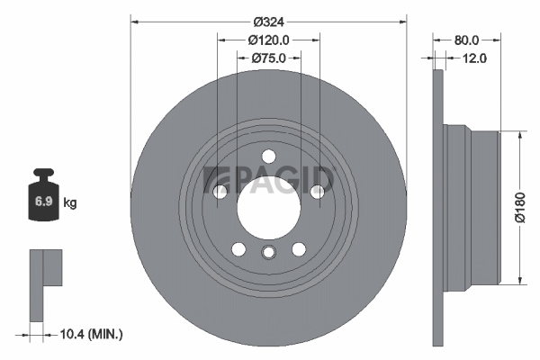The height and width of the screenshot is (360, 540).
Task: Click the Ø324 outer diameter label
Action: [x=268, y=22]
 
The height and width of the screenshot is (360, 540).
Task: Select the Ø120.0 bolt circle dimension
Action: [x=268, y=40]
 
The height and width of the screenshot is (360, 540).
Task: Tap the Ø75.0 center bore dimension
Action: [x=268, y=58]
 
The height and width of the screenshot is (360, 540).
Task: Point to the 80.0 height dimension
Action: [x=466, y=40]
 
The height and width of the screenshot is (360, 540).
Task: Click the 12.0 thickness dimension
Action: [x=474, y=58]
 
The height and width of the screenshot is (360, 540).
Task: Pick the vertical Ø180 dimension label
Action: [x=520, y=208]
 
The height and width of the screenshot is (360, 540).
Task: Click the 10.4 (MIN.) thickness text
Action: [x=91, y=334]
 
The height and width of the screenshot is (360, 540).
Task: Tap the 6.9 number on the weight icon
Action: [x=43, y=202]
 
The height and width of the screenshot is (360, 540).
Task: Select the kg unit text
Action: [x=70, y=202]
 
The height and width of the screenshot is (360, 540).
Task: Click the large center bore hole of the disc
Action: [x=268, y=208]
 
